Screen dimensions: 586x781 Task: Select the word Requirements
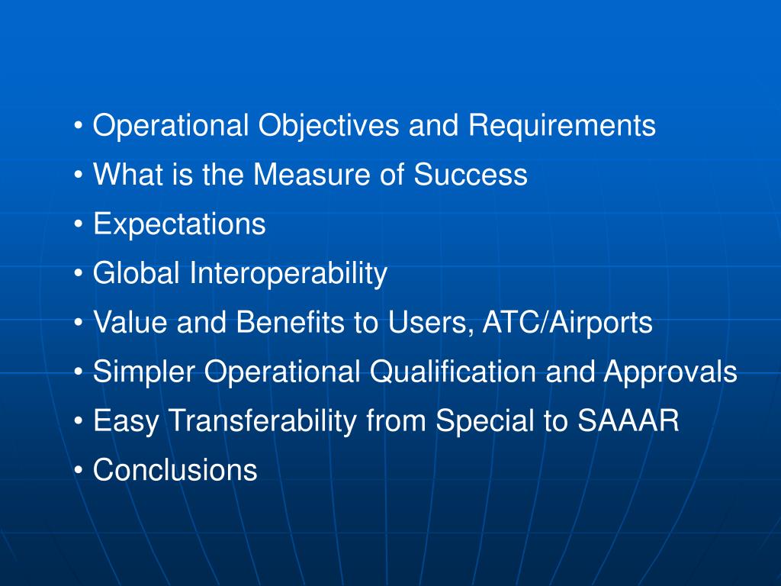561,126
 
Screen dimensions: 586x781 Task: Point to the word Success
471,175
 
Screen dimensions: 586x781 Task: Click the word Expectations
179,224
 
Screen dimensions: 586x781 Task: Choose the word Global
137,273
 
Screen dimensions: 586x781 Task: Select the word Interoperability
289,273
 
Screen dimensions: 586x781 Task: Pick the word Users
430,323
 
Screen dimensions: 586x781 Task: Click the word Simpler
143,372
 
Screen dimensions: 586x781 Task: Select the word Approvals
670,372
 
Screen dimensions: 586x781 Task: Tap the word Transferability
263,421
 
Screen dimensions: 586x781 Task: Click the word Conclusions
175,470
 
